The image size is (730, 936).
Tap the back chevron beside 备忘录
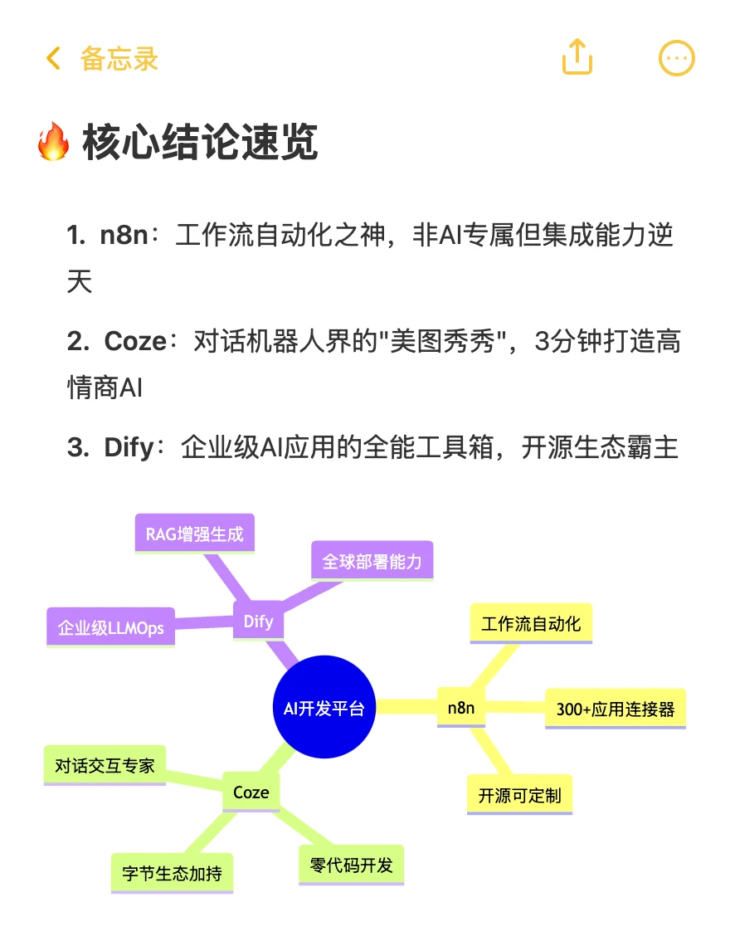pos(53,58)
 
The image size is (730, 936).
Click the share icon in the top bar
pos(577,56)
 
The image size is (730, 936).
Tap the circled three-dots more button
pos(676,58)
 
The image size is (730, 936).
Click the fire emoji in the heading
pos(53,141)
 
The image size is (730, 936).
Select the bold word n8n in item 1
pos(124,235)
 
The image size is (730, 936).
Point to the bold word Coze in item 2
pos(135,341)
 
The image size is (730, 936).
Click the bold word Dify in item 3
pos(129,447)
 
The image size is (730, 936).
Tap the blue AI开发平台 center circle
pos(324,707)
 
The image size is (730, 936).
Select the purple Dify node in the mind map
pos(258,621)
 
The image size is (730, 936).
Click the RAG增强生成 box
pos(195,534)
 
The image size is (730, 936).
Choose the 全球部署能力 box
pos(372,561)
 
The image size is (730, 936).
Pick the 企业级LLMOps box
pos(110,627)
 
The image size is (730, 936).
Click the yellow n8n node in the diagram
pos(460,707)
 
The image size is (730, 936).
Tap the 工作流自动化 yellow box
pos(531,624)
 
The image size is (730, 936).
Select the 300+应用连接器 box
pos(616,709)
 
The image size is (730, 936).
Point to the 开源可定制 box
pos(519,795)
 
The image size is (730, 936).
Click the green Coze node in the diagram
pos(251,792)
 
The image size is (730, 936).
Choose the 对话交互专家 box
pos(105,765)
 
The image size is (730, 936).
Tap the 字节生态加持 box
pos(172,873)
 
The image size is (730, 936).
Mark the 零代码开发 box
pos(351,865)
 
